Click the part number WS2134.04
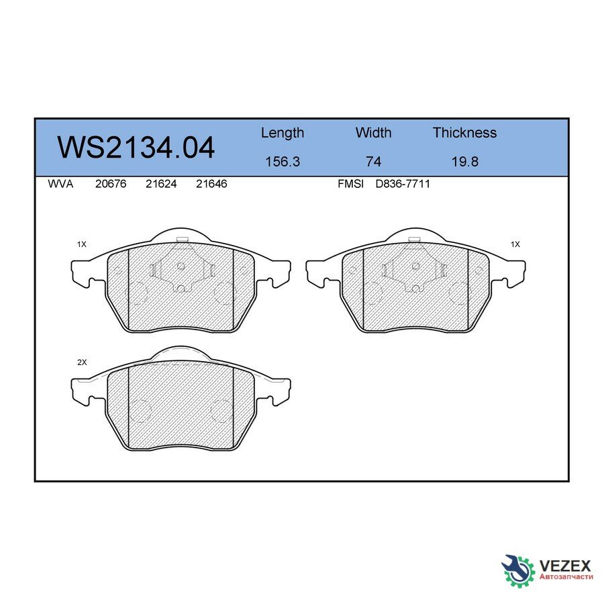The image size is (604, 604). (136, 148)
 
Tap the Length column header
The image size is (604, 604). (282, 133)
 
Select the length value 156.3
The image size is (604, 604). (282, 162)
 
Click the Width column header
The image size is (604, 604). (373, 133)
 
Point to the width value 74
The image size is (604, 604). (373, 162)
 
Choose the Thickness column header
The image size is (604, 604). (464, 133)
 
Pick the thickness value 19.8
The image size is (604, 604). (464, 162)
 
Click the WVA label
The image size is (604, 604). (60, 184)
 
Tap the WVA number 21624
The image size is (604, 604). (161, 184)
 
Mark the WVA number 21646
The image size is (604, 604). (211, 184)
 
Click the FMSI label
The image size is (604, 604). (350, 184)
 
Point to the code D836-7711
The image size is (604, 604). (403, 184)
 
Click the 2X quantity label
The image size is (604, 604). (82, 362)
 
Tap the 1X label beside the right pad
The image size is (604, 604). (515, 245)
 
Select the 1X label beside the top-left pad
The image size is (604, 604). (82, 245)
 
